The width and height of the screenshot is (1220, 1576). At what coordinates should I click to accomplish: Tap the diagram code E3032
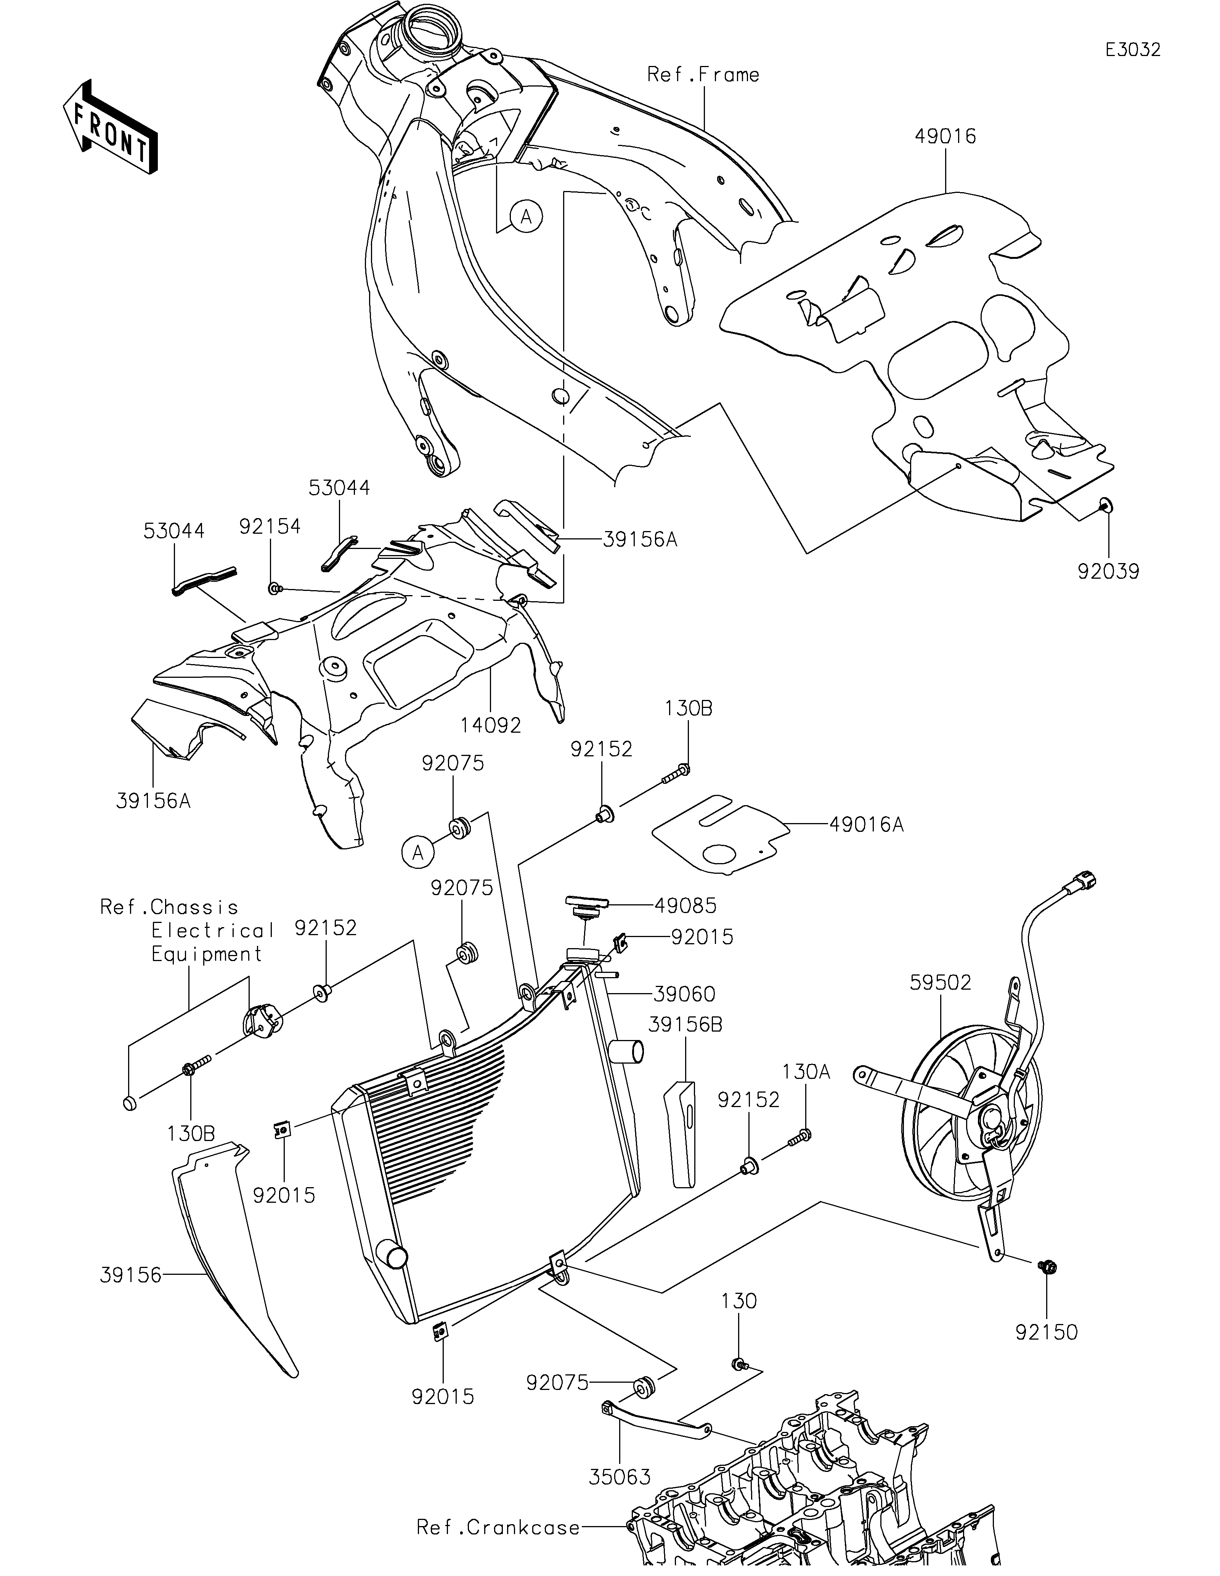coord(1133,50)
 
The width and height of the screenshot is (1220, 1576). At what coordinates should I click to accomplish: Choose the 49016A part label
coord(866,824)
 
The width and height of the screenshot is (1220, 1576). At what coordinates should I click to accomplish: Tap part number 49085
coord(685,905)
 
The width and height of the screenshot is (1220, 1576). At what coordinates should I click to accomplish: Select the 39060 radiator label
coord(684,994)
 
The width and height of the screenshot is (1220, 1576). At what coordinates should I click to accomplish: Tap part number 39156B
coord(685,1025)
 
